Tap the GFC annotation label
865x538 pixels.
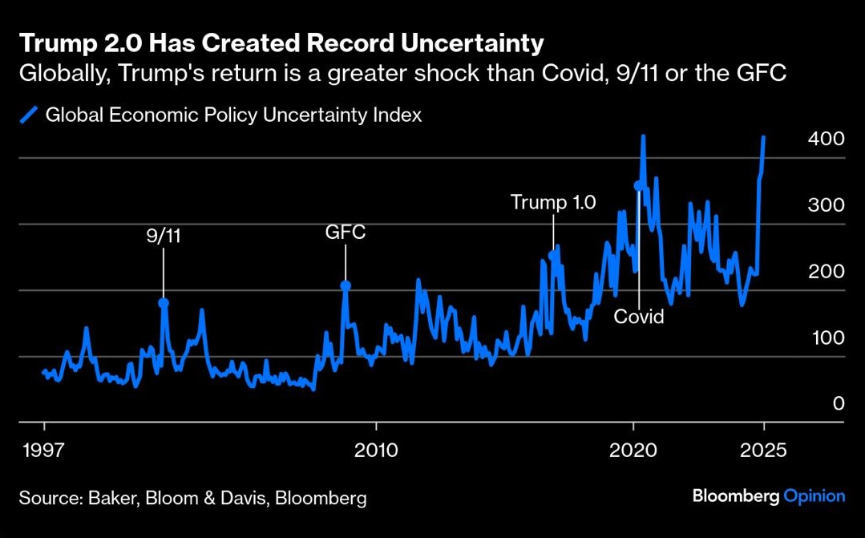(x=346, y=233)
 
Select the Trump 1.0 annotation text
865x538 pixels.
(x=553, y=202)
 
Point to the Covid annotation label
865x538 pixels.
(x=639, y=317)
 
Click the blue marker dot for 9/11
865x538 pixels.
(x=164, y=303)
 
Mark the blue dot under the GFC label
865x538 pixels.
(x=346, y=285)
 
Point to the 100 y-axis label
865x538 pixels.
(x=827, y=338)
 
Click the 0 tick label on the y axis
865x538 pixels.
(x=839, y=403)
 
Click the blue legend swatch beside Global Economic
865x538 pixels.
(x=30, y=115)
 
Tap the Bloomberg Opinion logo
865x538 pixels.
(x=768, y=496)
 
